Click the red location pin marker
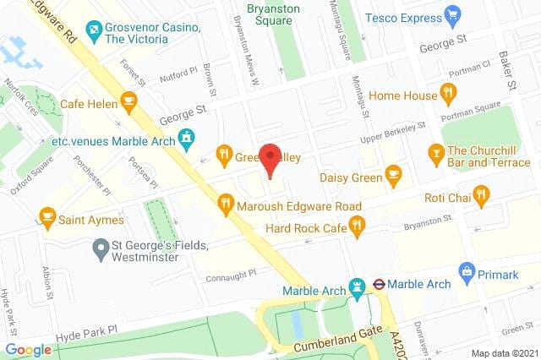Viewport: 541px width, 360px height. tap(270, 159)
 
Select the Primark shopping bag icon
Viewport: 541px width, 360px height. tap(466, 272)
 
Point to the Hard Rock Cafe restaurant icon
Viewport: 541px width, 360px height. tap(358, 225)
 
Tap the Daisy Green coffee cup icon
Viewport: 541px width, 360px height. tap(393, 175)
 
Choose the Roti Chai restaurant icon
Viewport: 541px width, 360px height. tap(481, 197)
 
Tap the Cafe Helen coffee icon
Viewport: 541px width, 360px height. tap(128, 103)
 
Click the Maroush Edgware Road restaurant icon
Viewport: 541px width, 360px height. tap(225, 203)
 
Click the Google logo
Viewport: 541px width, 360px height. tap(28, 349)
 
